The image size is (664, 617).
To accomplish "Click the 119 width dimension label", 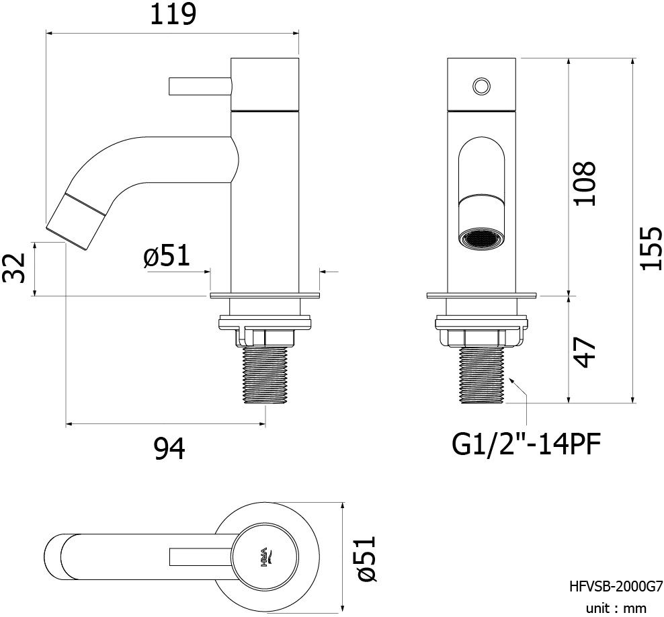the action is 173,14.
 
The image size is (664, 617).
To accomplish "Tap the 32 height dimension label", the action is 14,268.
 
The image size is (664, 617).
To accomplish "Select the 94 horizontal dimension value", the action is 169,449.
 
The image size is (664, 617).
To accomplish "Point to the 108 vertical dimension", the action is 585,183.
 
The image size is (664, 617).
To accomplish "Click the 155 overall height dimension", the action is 651,248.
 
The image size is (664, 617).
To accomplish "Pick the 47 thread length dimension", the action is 585,353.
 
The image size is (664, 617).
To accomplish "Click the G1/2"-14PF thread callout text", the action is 526,444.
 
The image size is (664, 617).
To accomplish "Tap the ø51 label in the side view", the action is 167,256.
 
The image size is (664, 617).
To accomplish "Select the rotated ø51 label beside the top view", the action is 366,558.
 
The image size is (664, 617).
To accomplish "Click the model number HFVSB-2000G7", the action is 616,587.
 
